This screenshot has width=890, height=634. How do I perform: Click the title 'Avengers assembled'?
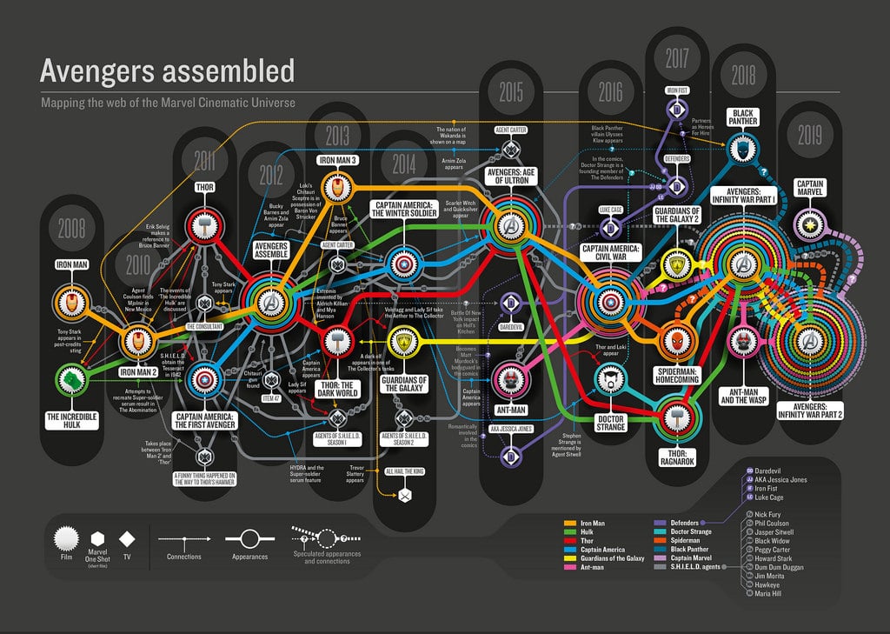[x=168, y=70]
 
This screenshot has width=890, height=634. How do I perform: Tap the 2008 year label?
[x=71, y=228]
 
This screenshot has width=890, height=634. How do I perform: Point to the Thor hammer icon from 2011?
[x=203, y=221]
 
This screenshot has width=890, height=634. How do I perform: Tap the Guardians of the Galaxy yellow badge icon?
[x=404, y=342]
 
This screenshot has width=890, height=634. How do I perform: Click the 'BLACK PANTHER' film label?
[x=743, y=117]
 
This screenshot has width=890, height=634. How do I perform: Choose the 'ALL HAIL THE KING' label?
[x=403, y=470]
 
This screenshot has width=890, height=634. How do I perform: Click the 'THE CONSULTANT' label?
[x=203, y=327]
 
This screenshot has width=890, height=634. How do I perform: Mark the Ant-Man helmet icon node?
[x=507, y=378]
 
